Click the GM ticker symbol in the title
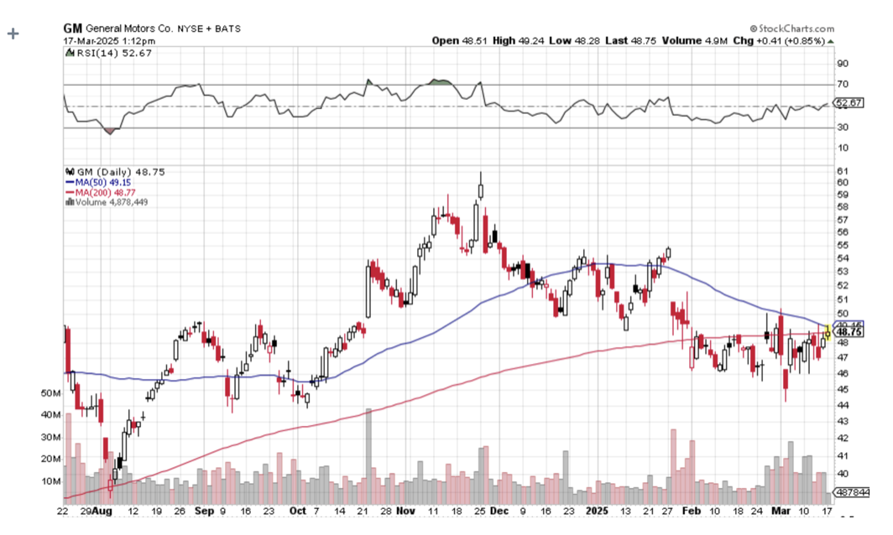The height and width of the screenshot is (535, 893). pyautogui.click(x=73, y=28)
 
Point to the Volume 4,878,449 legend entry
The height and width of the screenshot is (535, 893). pyautogui.click(x=107, y=202)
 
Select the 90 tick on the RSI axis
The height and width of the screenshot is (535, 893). pyautogui.click(x=841, y=63)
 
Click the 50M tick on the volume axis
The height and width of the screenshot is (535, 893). pyautogui.click(x=50, y=393)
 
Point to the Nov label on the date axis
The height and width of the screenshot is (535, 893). pyautogui.click(x=405, y=510)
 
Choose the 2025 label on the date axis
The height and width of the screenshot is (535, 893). pyautogui.click(x=597, y=510)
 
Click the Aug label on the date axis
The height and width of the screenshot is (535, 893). pyautogui.click(x=102, y=510)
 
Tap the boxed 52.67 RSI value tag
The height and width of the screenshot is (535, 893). pyautogui.click(x=850, y=103)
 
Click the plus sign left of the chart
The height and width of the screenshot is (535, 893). pyautogui.click(x=13, y=34)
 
